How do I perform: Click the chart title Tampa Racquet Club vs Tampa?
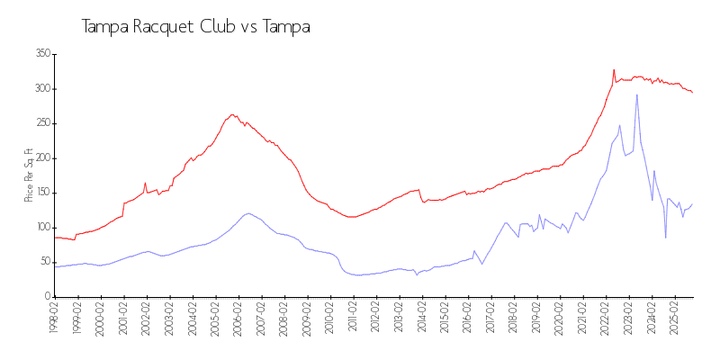196,27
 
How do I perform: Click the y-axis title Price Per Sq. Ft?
29,175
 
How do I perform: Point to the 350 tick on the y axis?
41,54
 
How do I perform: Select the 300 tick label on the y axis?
41,89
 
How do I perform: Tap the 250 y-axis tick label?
41,123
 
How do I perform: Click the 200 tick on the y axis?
41,158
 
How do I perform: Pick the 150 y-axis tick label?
41,193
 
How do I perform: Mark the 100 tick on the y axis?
41,228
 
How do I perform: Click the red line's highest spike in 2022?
614,69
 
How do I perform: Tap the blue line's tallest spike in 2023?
637,94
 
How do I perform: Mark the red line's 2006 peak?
232,114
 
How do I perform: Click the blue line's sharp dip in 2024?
666,238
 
